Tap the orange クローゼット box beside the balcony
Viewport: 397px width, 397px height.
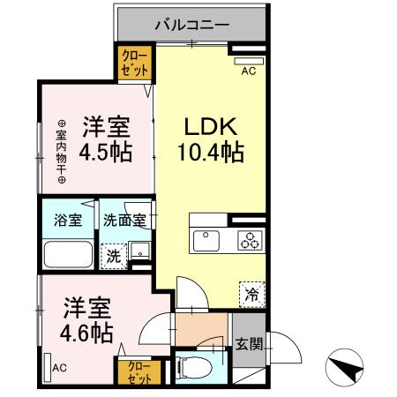pyautogui.click(x=137, y=64)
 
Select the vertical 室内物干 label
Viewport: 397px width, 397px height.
pyautogui.click(x=62, y=151)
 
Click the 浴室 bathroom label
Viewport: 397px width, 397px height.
pyautogui.click(x=67, y=221)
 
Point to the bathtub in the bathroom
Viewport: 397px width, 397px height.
pyautogui.click(x=67, y=255)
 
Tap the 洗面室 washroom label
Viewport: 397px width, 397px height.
pyautogui.click(x=124, y=221)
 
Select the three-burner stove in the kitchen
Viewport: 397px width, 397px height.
pyautogui.click(x=250, y=238)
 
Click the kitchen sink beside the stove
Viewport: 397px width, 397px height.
pyautogui.click(x=208, y=239)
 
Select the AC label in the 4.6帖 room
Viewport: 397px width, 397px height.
pyautogui.click(x=59, y=368)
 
